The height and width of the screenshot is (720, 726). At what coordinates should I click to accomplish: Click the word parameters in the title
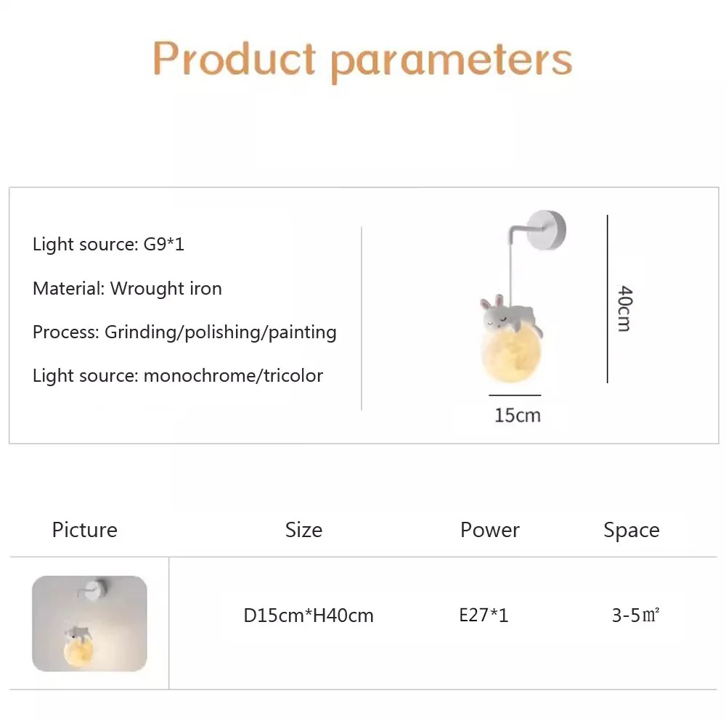(x=452, y=62)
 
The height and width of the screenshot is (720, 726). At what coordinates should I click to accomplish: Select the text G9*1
(x=164, y=244)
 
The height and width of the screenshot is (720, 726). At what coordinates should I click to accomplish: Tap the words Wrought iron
(x=166, y=288)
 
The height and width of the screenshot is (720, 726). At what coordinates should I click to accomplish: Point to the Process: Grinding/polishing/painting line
(x=184, y=332)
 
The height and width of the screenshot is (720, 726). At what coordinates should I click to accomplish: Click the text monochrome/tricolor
(x=233, y=375)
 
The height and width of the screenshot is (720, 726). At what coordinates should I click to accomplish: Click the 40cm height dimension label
(x=624, y=308)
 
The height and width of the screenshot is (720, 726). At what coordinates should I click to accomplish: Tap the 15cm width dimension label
(x=518, y=415)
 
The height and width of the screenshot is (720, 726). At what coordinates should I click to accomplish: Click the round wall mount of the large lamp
(x=547, y=230)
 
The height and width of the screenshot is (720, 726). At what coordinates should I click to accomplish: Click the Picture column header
(x=85, y=530)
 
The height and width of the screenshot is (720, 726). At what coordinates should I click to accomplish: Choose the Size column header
(x=303, y=530)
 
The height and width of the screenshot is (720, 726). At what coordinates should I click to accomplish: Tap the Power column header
(x=490, y=530)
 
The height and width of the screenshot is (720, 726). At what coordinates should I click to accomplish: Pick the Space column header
(x=632, y=530)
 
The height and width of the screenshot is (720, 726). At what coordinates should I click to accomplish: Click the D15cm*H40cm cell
(x=309, y=615)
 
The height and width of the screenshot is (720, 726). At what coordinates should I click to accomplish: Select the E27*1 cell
(x=484, y=615)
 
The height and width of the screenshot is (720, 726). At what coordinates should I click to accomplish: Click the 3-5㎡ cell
(x=636, y=615)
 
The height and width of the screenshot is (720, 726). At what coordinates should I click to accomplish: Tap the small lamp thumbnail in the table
(x=89, y=623)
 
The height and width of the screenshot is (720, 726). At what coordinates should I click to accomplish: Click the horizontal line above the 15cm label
(x=515, y=396)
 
